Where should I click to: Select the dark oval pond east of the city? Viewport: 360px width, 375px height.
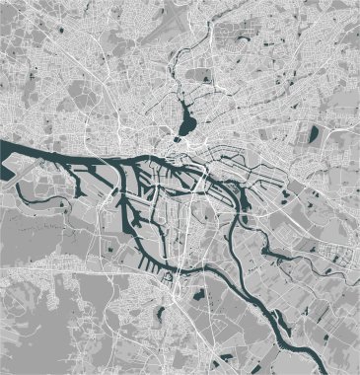(314, 133)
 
